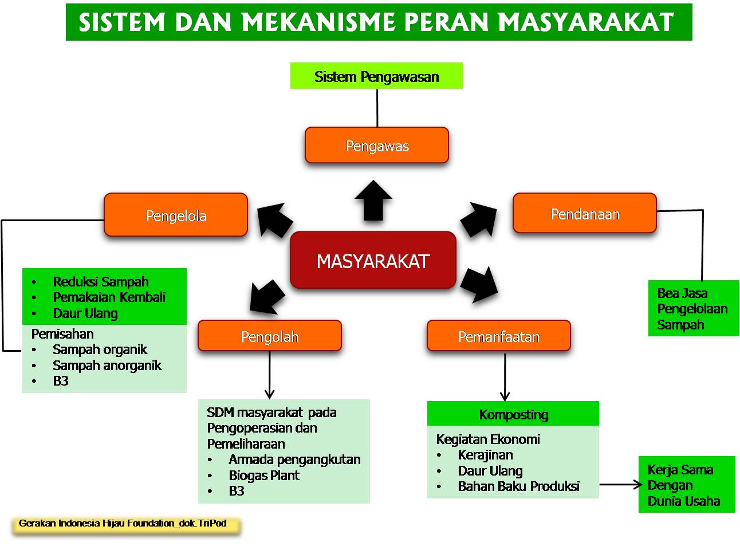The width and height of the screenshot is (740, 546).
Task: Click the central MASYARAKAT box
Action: [373, 261]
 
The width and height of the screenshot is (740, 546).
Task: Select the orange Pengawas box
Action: [377, 146]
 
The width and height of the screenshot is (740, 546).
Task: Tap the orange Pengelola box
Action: [176, 215]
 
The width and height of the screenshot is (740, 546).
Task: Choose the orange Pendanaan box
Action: [585, 214]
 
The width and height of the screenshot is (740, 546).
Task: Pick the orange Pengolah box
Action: [270, 336]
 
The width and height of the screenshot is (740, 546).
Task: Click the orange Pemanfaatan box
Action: [498, 336]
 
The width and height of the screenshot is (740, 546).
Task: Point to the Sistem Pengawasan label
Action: [376, 77]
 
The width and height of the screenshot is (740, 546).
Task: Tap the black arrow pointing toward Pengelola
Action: [273, 220]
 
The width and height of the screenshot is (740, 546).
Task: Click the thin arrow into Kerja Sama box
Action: [621, 485]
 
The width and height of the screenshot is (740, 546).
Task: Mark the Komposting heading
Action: [513, 414]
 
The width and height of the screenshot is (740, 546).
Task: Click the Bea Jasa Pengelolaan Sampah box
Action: [693, 308]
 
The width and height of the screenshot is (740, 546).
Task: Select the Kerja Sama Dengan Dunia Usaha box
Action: [686, 485]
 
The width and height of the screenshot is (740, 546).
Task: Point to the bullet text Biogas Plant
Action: [263, 475]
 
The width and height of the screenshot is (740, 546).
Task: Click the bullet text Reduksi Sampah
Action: [100, 281]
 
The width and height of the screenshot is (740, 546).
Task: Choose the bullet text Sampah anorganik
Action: [107, 365]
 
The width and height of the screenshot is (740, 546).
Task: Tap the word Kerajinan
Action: [485, 455]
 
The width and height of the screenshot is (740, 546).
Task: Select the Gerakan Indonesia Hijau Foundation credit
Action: [123, 523]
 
